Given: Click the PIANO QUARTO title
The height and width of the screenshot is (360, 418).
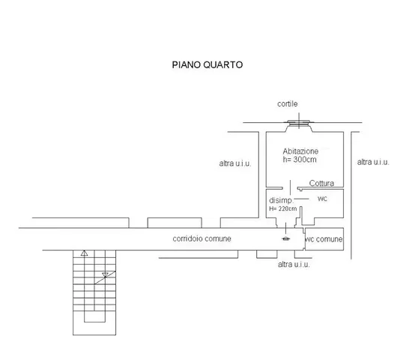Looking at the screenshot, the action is [208, 64].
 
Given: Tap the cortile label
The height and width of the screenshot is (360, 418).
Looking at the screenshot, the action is [288, 103].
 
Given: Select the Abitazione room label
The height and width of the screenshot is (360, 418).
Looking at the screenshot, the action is [300, 151].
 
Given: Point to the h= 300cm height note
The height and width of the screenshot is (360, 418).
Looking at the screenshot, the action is [300, 160].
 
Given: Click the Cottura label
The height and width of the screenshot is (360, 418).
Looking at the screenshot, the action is [321, 183].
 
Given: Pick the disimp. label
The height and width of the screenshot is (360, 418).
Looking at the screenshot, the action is [281, 200].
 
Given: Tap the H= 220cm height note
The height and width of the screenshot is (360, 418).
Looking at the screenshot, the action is [283, 208].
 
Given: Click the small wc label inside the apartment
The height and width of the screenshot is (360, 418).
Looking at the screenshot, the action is [322, 199].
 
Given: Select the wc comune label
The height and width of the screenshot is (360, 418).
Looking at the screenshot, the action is [324, 239].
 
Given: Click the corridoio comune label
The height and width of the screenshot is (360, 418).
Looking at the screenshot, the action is [202, 238].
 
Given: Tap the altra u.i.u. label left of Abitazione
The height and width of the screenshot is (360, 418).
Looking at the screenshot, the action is [235, 163].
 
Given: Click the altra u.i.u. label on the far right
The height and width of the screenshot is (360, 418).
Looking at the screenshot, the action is [373, 162].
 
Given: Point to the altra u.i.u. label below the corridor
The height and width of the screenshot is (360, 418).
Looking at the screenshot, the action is [294, 265].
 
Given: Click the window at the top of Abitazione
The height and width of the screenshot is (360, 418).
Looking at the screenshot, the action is [299, 123].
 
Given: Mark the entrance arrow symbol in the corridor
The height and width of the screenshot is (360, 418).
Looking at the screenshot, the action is [285, 238].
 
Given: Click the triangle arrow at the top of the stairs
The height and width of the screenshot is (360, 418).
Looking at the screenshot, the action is [84, 253].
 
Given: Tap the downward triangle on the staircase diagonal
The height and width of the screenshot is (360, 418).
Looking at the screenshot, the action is [106, 274].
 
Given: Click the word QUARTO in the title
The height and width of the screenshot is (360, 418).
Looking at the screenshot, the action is [223, 64].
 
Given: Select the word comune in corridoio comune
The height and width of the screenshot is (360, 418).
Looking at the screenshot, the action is [218, 238].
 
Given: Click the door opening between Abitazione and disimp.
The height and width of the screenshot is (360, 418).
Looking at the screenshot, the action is [290, 188].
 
